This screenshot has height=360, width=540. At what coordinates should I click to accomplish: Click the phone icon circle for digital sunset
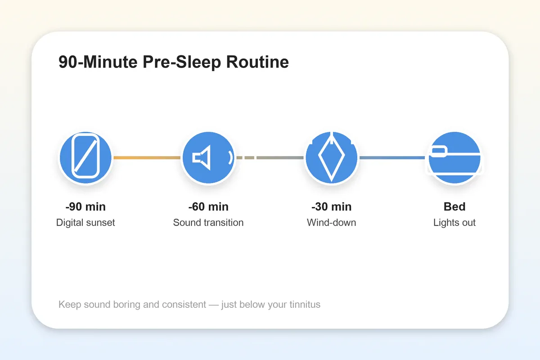pos(85,158)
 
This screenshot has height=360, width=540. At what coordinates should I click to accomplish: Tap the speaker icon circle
pos(208,158)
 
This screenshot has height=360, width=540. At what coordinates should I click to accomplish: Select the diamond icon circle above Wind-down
pos(332,158)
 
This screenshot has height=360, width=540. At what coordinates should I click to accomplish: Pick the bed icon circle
pos(454,158)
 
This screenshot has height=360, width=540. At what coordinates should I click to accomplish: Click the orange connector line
pos(147,158)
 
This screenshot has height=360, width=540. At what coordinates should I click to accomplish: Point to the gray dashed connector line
pos(270,158)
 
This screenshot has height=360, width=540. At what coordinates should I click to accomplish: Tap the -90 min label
pos(85,207)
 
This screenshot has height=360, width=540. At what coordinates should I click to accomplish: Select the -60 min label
pos(208,207)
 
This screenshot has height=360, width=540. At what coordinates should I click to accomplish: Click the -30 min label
pos(332,207)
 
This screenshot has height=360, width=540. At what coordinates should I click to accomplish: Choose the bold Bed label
pos(454,207)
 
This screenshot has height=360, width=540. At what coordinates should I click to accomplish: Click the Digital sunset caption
pos(85,222)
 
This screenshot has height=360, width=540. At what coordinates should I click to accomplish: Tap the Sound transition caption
pos(208,222)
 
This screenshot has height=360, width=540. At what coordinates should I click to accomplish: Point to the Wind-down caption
pos(332,222)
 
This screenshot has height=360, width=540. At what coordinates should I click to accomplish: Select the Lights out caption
pos(454,222)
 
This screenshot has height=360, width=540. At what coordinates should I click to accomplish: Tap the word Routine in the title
pos(257,62)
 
